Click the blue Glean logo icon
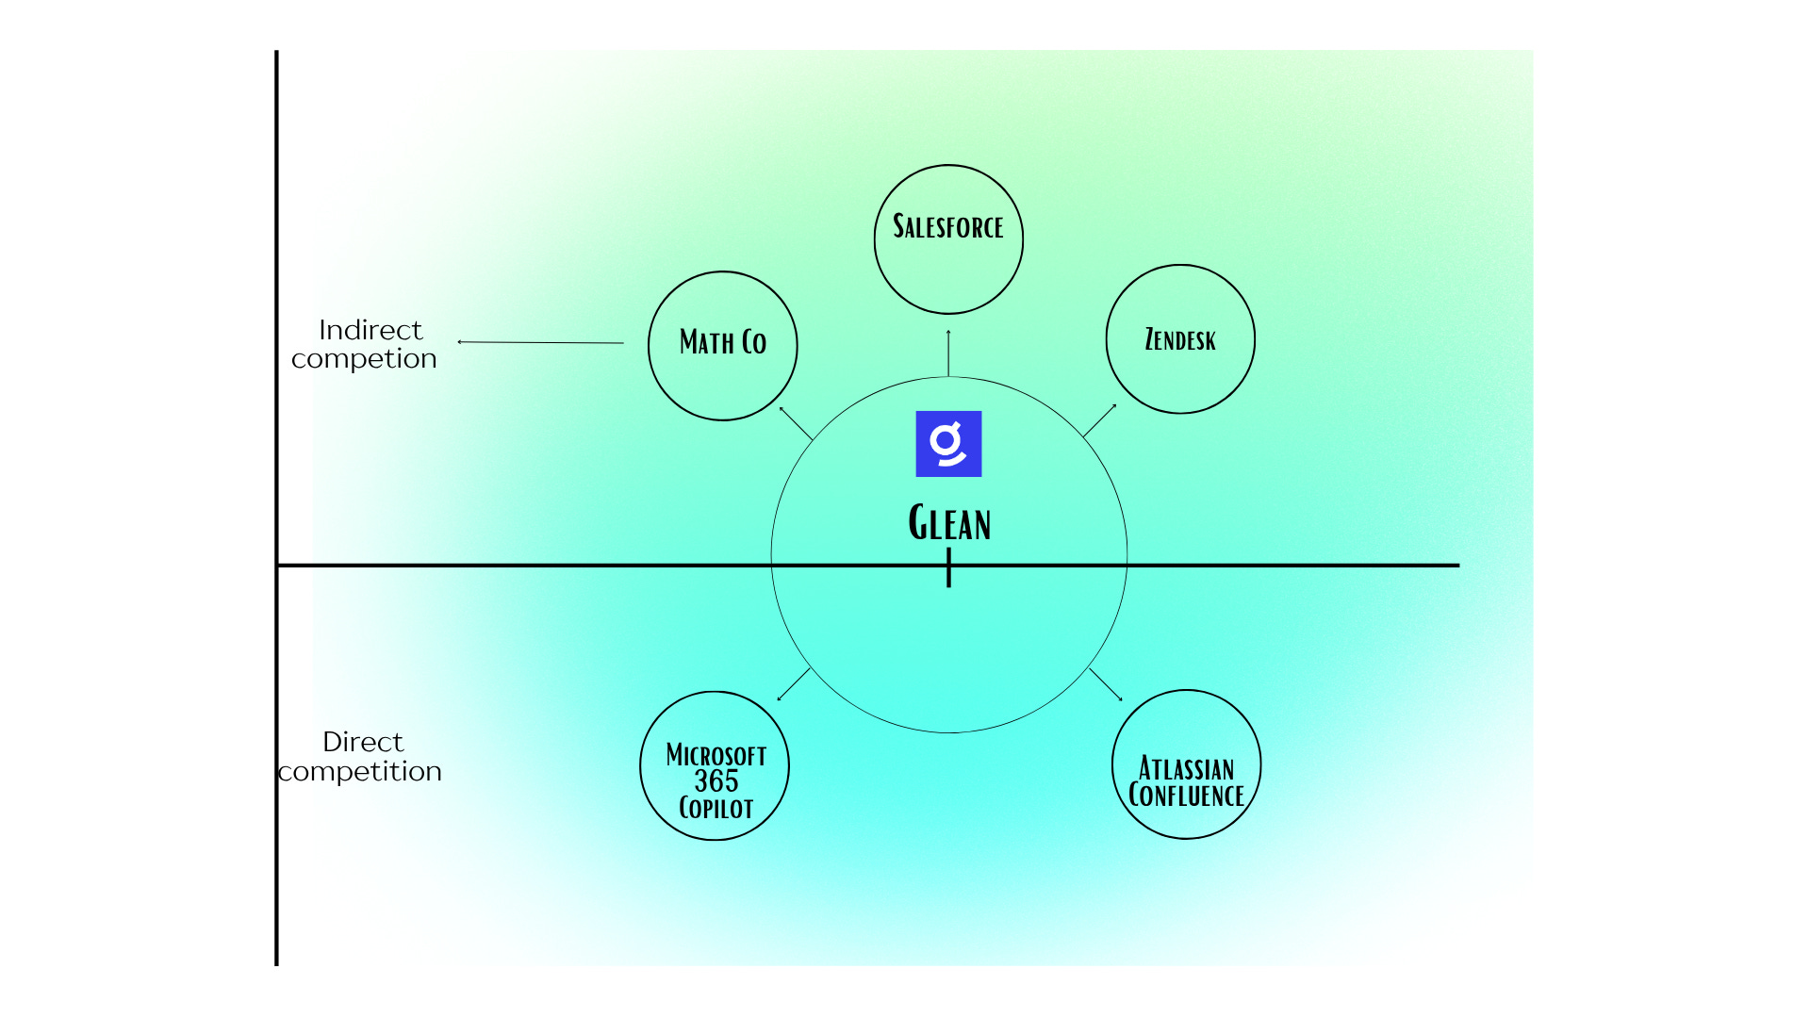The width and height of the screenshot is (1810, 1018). (x=948, y=444)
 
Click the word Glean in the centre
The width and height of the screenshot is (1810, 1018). (x=949, y=523)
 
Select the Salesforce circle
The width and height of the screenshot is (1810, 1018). (x=948, y=239)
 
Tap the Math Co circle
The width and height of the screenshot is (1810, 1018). (x=723, y=346)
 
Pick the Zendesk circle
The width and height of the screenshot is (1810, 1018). (x=1180, y=339)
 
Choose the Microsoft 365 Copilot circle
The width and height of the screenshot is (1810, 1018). (x=715, y=765)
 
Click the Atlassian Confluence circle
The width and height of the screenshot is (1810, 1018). (x=1186, y=764)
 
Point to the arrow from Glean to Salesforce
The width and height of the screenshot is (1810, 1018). (x=948, y=353)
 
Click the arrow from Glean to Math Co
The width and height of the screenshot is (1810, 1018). (x=796, y=423)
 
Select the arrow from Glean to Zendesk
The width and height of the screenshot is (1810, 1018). (x=1100, y=420)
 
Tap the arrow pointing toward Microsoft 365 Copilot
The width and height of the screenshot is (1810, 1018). (x=794, y=684)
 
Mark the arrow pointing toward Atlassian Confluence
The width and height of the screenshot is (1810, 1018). (x=1106, y=684)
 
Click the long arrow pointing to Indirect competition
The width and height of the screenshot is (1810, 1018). (x=540, y=342)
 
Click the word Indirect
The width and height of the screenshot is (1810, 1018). (x=370, y=330)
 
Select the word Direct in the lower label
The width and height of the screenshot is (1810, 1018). (x=363, y=742)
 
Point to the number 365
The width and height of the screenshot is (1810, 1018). (x=716, y=781)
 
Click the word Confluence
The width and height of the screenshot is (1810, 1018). (x=1186, y=796)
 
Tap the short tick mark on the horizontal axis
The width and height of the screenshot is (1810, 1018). (x=948, y=568)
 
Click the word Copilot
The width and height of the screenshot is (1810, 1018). (x=716, y=809)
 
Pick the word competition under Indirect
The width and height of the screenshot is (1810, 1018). (x=364, y=359)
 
